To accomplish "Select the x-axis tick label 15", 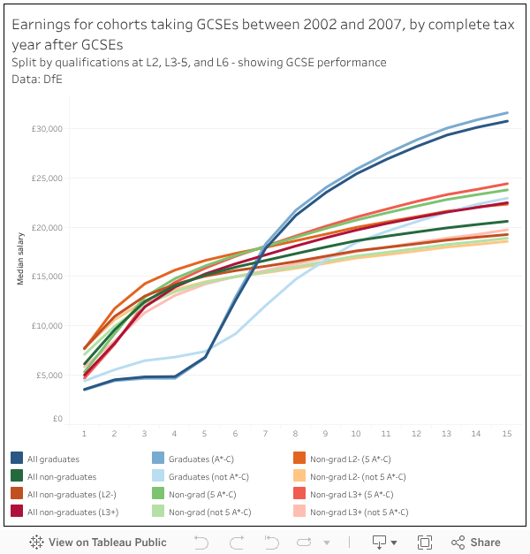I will pos(507,434).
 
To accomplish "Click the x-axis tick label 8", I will pos(296,434).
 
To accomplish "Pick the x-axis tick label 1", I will pos(84,434).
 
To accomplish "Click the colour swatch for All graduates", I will pos(17,459).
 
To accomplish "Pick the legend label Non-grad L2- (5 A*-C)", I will pos(351,459).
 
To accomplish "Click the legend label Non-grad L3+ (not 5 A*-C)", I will pos(360,512).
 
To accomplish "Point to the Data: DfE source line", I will pos(37,79).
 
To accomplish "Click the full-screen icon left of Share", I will pos(424,543).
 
